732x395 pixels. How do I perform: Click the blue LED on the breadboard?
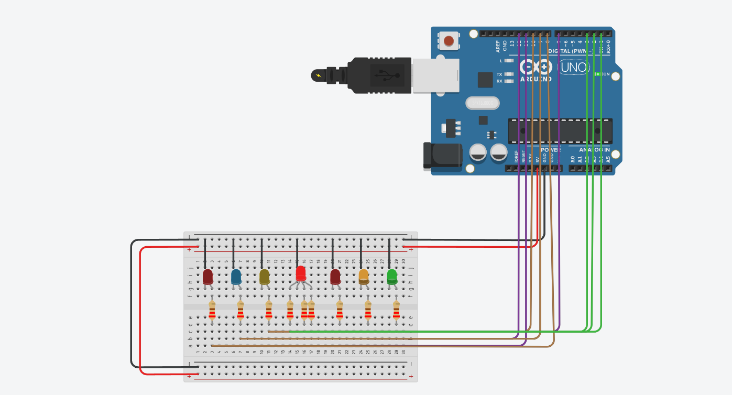pos(236,276)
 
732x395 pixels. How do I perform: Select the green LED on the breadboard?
pos(392,276)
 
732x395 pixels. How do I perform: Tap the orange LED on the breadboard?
pos(364,276)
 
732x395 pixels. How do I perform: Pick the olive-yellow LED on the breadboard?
pos(265,276)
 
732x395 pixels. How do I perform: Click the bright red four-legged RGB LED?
pos(300,274)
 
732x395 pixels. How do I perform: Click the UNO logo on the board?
pos(574,68)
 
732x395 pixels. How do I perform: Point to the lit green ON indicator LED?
pos(597,74)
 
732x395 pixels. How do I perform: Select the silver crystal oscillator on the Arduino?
pos(482,103)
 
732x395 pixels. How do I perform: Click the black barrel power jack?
pos(442,156)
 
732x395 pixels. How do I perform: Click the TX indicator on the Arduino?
pos(499,74)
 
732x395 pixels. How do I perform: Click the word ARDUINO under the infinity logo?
pos(536,79)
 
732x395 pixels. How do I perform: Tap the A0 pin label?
pos(573,159)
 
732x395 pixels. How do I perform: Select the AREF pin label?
pos(498,47)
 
